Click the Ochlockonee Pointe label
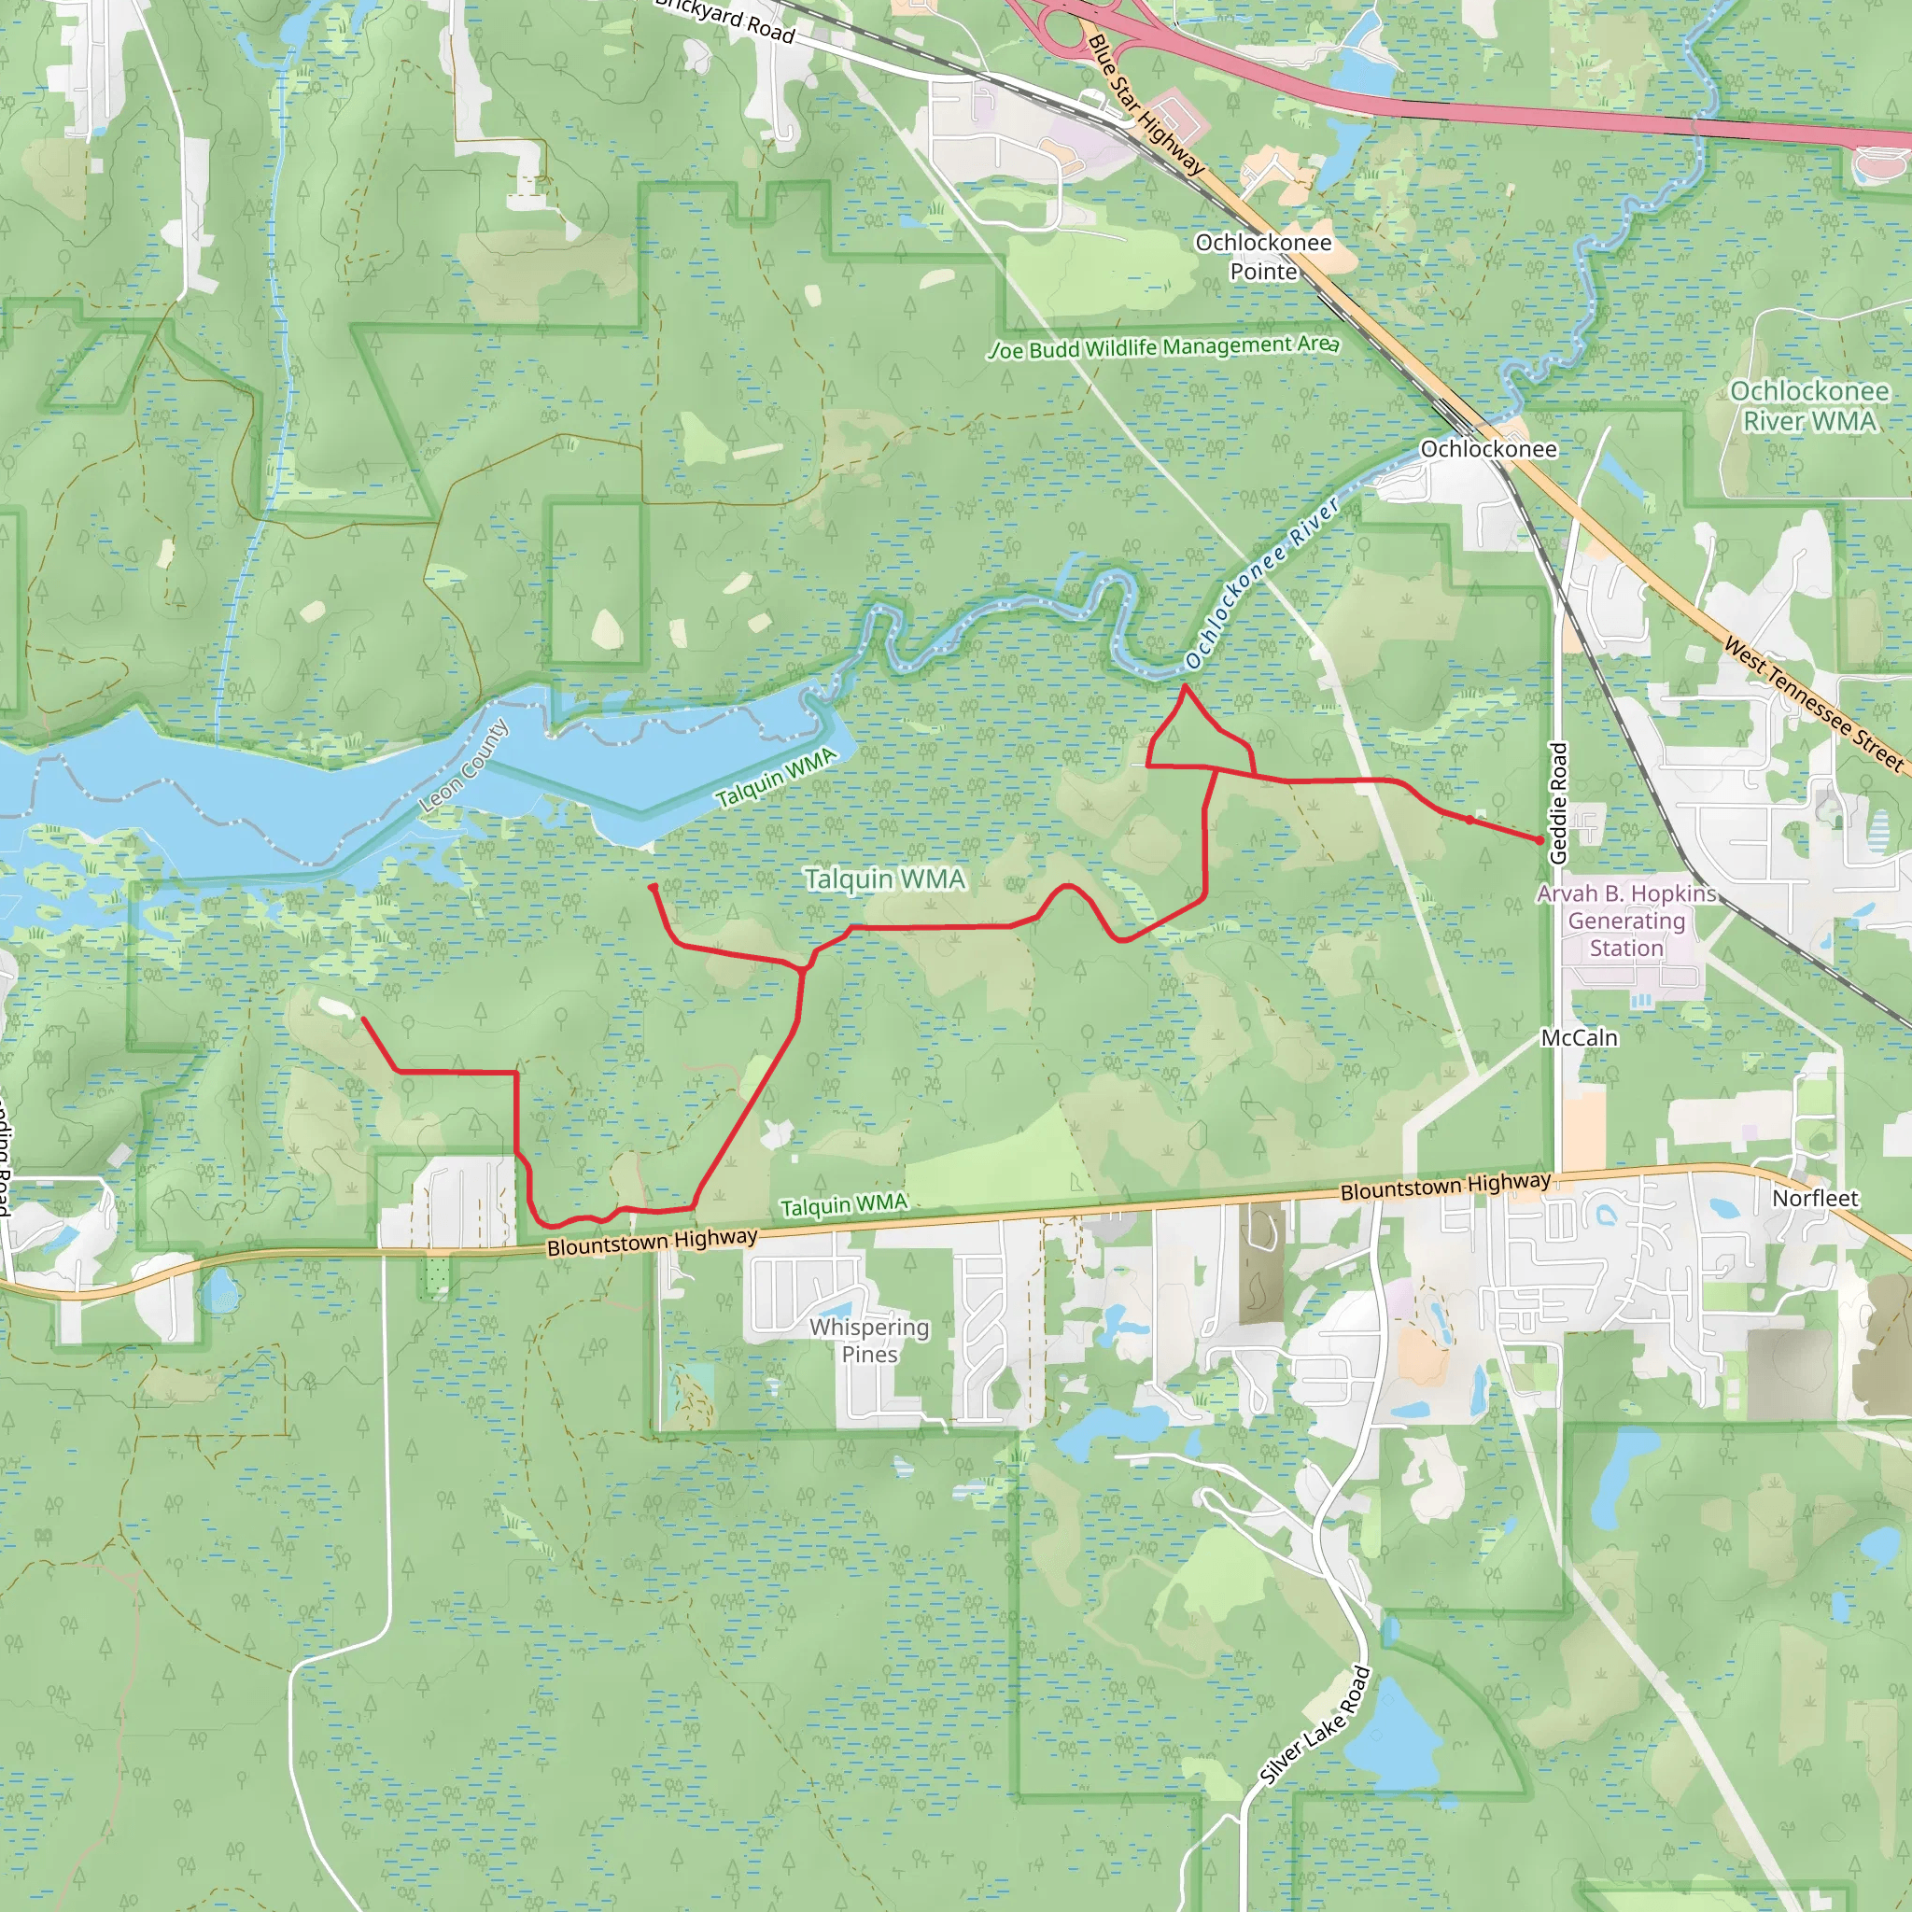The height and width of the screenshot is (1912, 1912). (x=1263, y=257)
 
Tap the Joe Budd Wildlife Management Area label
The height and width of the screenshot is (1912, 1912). (x=1164, y=347)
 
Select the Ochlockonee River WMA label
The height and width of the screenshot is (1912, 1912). (x=1809, y=406)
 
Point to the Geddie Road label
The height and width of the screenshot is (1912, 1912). (x=1559, y=803)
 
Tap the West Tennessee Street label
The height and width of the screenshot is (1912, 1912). (x=1813, y=705)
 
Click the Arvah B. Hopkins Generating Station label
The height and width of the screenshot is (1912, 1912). (x=1626, y=921)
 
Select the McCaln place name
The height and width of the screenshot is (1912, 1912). (x=1580, y=1038)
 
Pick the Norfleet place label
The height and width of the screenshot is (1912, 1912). (x=1815, y=1199)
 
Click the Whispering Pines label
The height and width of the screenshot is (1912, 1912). (x=869, y=1340)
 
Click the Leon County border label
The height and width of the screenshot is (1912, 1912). (x=463, y=767)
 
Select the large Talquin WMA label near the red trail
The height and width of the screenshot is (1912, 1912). (x=884, y=879)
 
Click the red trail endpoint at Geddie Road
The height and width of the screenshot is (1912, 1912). (x=1539, y=840)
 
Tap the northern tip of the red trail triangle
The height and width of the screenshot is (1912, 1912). (x=1185, y=686)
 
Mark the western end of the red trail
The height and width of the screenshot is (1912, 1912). (x=363, y=1019)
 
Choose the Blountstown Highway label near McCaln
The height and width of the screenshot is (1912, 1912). (x=1445, y=1186)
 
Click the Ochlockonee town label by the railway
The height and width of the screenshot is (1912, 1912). (x=1487, y=449)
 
